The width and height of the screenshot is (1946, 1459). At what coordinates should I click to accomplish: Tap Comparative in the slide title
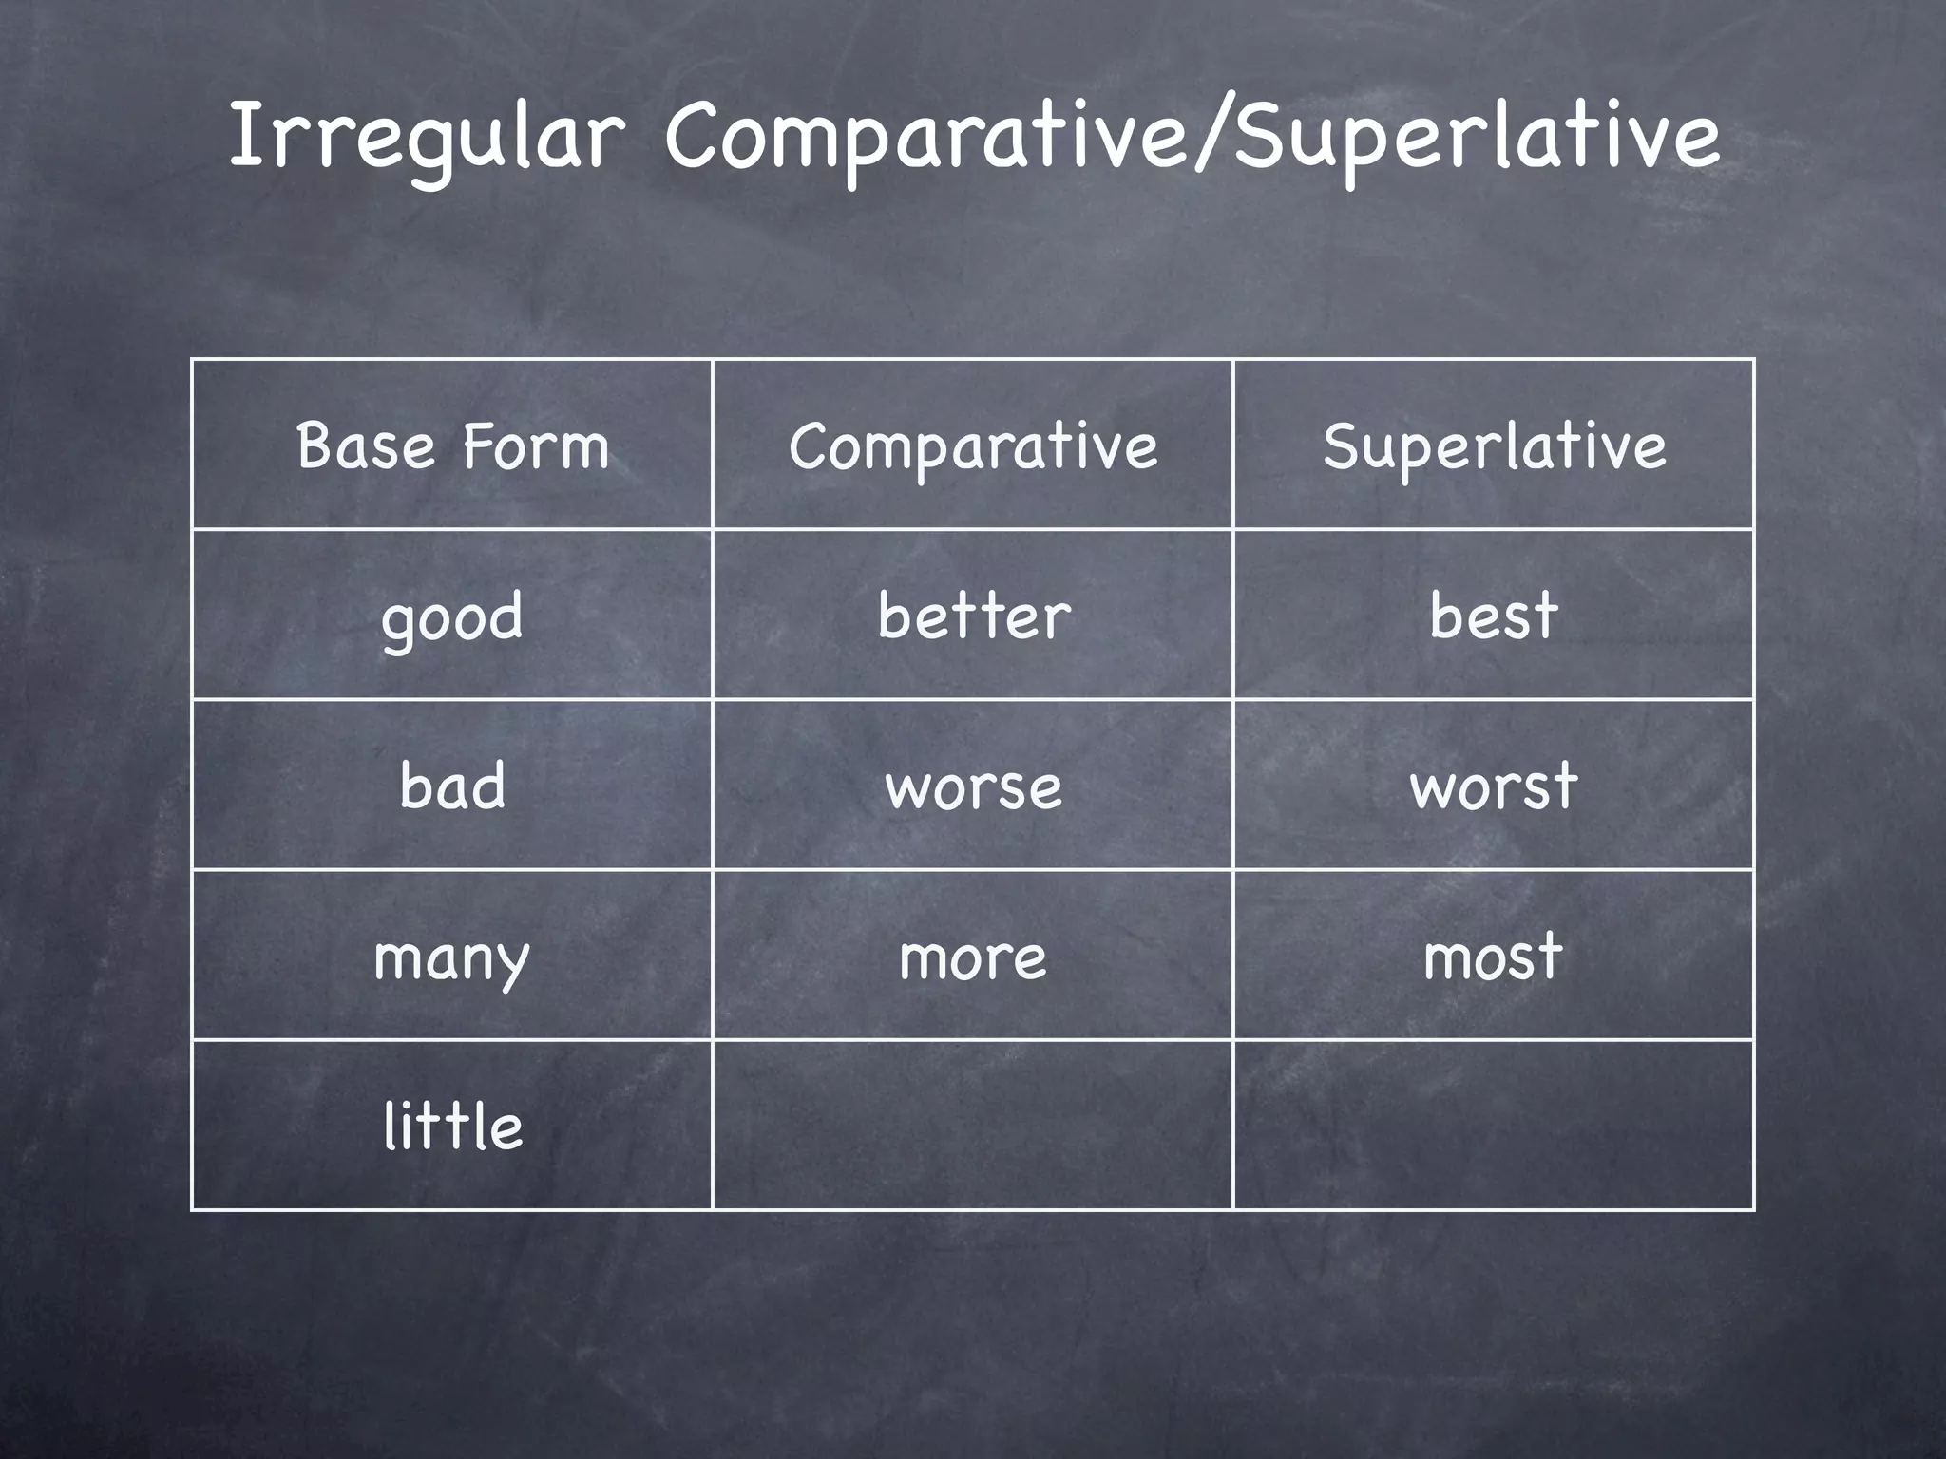click(926, 138)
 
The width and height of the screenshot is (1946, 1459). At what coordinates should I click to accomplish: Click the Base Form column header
click(452, 445)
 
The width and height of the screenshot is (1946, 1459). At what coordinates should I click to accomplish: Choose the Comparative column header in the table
click(973, 445)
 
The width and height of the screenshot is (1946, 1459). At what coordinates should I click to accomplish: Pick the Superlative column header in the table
click(1494, 445)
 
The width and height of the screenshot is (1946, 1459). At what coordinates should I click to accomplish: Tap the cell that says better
click(973, 616)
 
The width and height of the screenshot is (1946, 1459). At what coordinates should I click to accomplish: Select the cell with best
click(1494, 616)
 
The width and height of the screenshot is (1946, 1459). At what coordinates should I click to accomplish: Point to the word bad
click(452, 786)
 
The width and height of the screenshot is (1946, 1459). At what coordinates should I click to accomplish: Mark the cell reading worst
click(1494, 786)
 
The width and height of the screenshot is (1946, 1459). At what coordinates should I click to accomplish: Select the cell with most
click(1494, 957)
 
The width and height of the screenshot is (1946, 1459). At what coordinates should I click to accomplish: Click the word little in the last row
click(452, 1127)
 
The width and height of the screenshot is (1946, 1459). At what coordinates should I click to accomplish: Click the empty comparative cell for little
click(973, 1126)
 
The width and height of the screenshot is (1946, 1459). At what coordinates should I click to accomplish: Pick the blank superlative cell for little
click(1494, 1126)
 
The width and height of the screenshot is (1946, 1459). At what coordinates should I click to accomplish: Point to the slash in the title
click(1211, 138)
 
